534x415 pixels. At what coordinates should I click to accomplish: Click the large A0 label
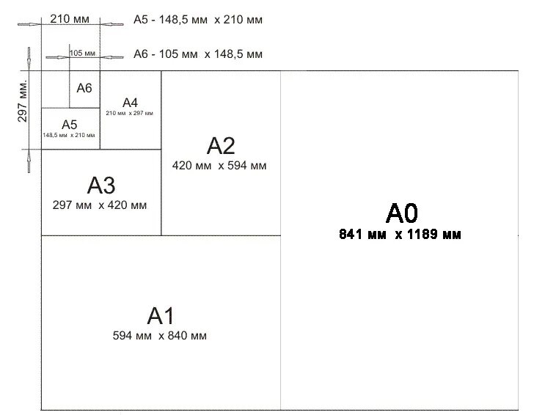coord(401,213)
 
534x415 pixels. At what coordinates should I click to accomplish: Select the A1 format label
coord(160,316)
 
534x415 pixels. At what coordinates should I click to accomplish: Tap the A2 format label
coord(219,146)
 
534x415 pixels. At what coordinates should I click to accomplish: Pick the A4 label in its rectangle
coord(130,102)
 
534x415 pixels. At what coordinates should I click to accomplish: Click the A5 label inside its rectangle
coord(69,124)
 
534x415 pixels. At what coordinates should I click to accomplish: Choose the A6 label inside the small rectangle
coord(84,88)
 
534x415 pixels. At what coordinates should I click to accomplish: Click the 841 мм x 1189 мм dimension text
coord(400,235)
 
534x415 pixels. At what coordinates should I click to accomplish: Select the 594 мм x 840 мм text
coord(160,336)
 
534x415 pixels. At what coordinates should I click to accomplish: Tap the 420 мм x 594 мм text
coord(219,166)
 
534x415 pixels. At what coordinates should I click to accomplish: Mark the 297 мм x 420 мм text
coord(100,205)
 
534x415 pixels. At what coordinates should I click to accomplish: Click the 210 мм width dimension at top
coord(70,19)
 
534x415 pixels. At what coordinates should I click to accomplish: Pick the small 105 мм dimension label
coord(82,54)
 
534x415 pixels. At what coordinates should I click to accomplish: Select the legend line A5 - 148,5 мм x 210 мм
coord(197,20)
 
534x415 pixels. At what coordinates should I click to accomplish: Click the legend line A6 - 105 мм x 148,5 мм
coord(197,54)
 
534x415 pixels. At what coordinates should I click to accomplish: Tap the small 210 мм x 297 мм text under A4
coord(130,114)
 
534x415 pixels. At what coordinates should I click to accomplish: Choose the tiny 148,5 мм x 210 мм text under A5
coord(69,136)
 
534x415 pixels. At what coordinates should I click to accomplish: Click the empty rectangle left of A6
coord(55,89)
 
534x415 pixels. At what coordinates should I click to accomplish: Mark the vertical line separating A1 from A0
coord(280,323)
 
